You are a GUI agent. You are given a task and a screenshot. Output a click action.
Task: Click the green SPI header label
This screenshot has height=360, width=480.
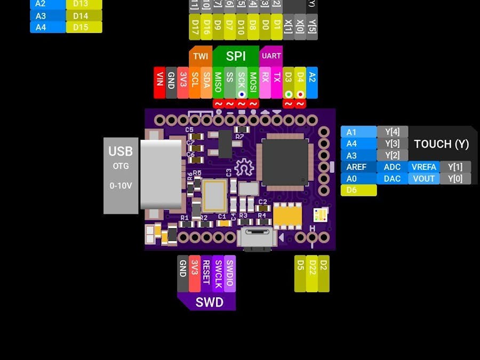coord(236,57)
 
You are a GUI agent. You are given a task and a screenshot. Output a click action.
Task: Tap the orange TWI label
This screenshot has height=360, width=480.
coord(201,56)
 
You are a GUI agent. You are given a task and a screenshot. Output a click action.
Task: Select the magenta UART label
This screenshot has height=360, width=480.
coord(271,56)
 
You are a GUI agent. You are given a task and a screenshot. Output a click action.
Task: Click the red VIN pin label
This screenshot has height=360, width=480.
coord(159,82)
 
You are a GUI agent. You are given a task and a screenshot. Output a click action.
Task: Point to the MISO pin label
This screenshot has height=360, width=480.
coord(218,82)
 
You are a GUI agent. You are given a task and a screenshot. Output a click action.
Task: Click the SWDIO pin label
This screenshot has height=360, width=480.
coord(229,272)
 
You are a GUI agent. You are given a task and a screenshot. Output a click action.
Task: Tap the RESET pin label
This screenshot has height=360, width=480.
coord(206,272)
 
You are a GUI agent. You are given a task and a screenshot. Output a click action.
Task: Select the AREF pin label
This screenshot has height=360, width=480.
coord(356,167)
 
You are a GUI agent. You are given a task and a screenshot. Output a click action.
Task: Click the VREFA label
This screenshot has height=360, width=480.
coord(424,167)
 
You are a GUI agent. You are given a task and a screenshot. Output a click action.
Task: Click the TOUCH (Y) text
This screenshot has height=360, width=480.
coord(441,144)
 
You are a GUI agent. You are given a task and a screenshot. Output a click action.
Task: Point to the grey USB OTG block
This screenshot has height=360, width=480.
coord(121,175)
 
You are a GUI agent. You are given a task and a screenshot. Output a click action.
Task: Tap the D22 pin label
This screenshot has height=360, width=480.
coord(311,273)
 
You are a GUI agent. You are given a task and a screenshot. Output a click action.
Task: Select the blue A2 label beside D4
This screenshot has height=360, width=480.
coord(312,82)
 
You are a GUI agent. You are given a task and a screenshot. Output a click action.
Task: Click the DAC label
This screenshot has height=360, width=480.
coord(392,179)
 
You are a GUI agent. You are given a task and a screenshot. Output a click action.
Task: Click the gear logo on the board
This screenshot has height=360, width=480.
coord(244,168)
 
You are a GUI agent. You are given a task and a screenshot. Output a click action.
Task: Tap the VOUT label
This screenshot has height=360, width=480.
coord(424,179)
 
